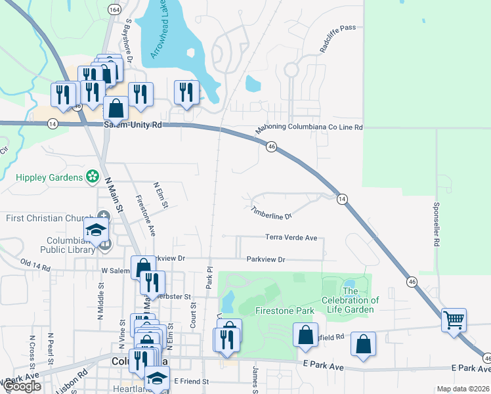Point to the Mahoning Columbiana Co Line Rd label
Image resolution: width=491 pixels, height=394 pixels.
tap(309, 129)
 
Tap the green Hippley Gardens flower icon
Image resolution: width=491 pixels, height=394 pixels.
tap(93, 177)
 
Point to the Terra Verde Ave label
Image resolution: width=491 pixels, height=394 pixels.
tap(291, 237)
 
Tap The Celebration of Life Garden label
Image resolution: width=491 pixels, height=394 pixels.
tap(350, 300)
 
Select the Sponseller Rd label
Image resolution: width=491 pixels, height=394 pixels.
tap(435, 224)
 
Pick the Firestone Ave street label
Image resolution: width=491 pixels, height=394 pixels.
tap(145, 215)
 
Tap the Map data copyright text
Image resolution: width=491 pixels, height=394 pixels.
tap(462, 389)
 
